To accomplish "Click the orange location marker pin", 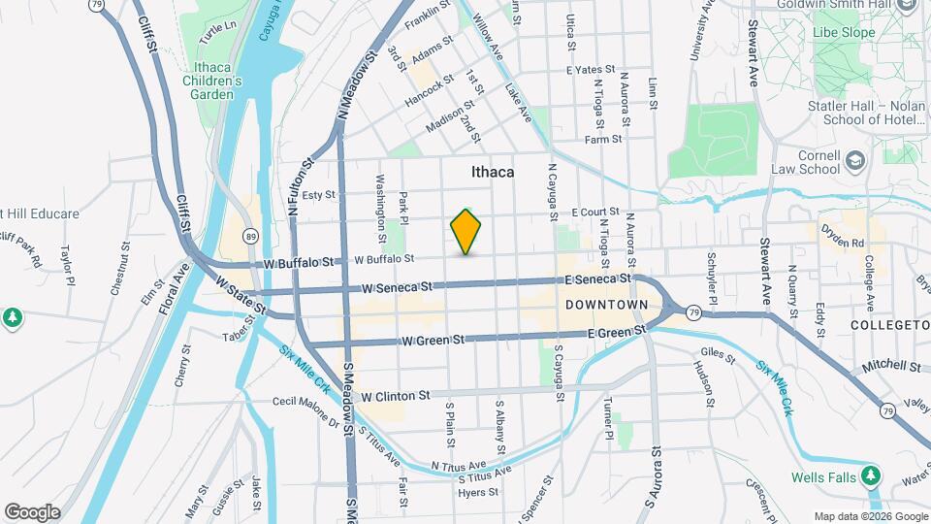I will point(465,232).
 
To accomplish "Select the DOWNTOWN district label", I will point(605,305).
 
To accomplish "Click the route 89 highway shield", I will point(251,236).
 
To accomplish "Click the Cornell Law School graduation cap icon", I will point(855,159).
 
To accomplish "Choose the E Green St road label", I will point(617,333).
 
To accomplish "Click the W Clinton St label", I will point(395,396).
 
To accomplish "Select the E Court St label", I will point(594,212).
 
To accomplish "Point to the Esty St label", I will point(318,195).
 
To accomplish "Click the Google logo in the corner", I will point(32,512).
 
